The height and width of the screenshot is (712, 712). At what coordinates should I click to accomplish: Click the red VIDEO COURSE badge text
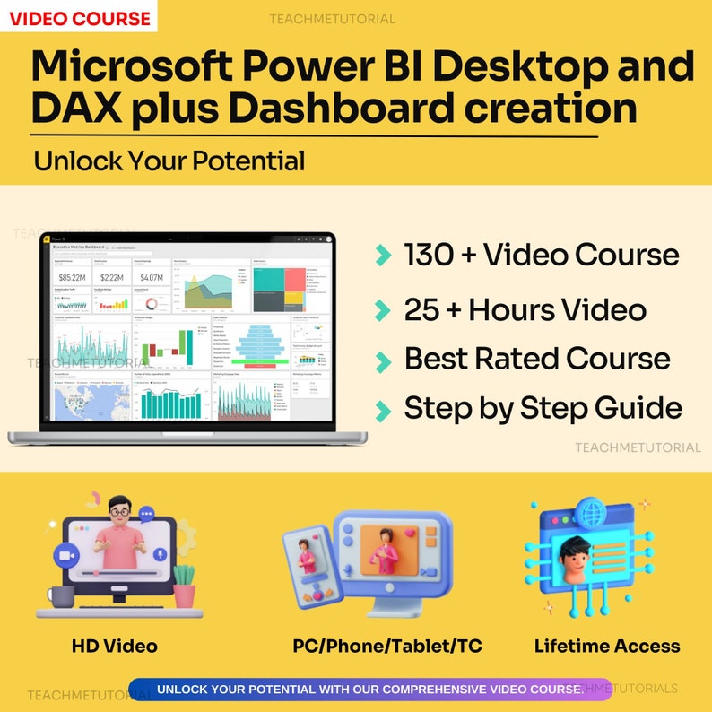[80, 17]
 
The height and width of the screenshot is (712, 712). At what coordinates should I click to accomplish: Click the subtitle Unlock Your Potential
[169, 161]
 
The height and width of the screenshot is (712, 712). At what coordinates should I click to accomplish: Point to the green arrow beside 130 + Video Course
[384, 256]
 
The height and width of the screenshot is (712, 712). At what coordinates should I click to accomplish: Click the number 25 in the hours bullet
[421, 310]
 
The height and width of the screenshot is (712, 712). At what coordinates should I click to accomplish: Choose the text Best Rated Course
[536, 359]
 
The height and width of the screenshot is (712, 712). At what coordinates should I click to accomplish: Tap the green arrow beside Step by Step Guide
[384, 411]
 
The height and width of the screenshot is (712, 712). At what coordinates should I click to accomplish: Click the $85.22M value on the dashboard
[72, 278]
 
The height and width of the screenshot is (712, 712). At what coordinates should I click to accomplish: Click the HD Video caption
[115, 646]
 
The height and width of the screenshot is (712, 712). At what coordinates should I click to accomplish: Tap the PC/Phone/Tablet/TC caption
[387, 646]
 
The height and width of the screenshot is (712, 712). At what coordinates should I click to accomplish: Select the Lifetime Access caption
[607, 646]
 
